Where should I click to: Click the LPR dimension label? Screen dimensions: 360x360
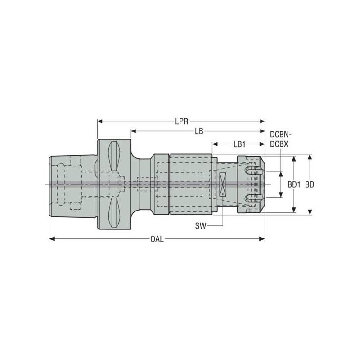point(181,121)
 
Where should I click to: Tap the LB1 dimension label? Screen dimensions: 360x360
point(239,144)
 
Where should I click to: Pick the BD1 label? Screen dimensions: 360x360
point(294,184)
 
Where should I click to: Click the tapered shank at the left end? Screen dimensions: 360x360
point(72,185)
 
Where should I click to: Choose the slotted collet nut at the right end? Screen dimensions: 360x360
point(251,184)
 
